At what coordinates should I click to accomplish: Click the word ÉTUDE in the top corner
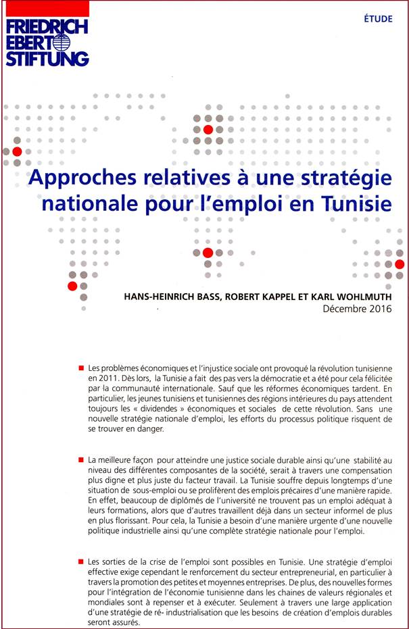coord(377,19)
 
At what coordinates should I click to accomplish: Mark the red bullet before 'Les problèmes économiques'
coord(80,368)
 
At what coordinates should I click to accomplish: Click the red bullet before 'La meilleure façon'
coord(80,460)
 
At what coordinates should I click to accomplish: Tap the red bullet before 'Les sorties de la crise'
coord(80,561)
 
